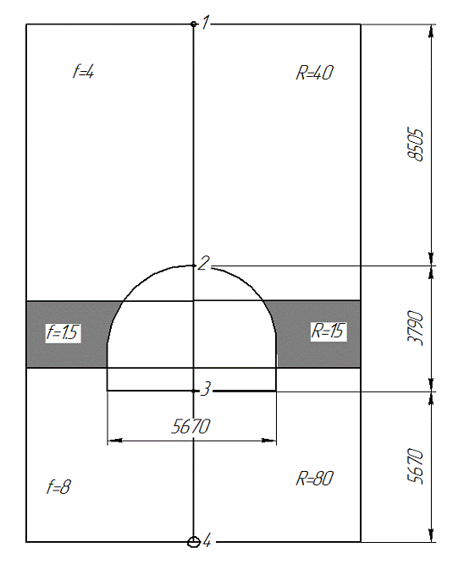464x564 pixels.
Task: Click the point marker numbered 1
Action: coord(194,25)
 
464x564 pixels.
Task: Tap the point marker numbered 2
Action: coord(194,266)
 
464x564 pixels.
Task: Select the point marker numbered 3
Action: coord(194,391)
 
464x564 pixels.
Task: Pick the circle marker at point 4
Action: coord(194,542)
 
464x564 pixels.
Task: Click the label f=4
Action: coord(83,71)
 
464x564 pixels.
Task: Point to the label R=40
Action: coord(314,73)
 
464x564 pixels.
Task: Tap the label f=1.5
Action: coord(62,332)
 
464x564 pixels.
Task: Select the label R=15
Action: coord(328,331)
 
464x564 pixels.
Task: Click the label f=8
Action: coord(58,487)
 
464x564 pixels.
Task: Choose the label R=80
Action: coord(314,479)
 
